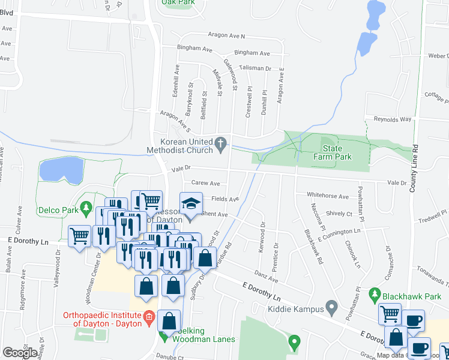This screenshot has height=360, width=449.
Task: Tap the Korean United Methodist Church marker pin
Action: [221, 143]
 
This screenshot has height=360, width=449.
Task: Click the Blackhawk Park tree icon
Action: [375, 294]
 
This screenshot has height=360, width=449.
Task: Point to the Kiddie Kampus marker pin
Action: [331, 308]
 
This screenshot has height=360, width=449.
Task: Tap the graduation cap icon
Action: [190, 205]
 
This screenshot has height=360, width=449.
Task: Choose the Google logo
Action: [20, 352]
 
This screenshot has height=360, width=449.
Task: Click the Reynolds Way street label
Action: [393, 119]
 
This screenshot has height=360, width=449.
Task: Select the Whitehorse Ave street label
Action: [327, 196]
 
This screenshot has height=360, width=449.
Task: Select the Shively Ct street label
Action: [340, 214]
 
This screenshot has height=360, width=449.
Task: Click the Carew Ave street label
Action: [205, 184]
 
